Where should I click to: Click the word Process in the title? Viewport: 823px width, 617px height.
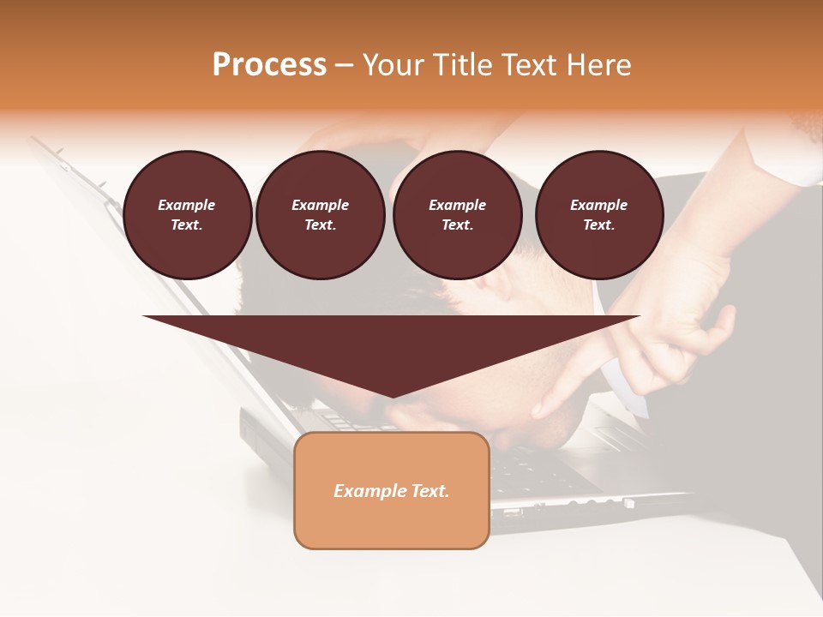269,65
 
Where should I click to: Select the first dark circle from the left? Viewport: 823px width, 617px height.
188,215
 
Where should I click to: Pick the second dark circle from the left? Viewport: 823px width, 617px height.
321,215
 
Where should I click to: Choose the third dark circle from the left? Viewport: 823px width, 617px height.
458,215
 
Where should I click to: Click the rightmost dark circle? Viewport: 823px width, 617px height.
599,215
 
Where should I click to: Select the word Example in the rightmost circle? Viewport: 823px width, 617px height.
599,205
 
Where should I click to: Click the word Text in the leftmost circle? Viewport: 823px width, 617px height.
186,225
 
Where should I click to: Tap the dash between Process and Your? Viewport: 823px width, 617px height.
345,65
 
